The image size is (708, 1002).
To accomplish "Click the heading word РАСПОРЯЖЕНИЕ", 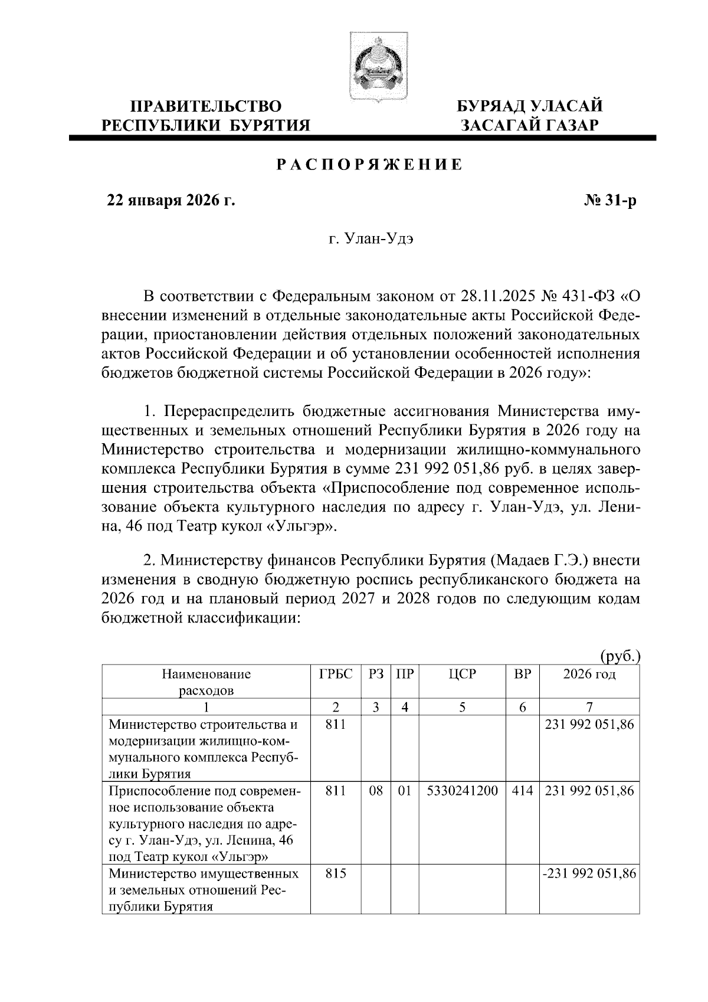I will pos(370,165).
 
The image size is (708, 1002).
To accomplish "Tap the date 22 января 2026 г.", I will pos(170,202).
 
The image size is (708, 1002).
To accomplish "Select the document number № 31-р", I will pos(611,202).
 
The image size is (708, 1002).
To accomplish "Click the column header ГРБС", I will pos(336,674).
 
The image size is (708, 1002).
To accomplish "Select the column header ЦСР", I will pos(462,674).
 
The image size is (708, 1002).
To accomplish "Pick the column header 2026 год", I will pos(589,674).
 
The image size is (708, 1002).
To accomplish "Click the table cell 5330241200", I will pos(462,790).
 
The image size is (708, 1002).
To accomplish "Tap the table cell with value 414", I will pos(522,790).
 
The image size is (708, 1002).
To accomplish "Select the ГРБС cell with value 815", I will pos(336,873).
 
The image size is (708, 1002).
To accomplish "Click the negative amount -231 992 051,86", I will pos(589,873).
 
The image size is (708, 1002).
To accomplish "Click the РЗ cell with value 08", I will pos(376,790).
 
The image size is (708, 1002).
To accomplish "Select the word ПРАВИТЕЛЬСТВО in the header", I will pos(206,106).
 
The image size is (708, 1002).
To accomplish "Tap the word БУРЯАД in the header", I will pos(491,106).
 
